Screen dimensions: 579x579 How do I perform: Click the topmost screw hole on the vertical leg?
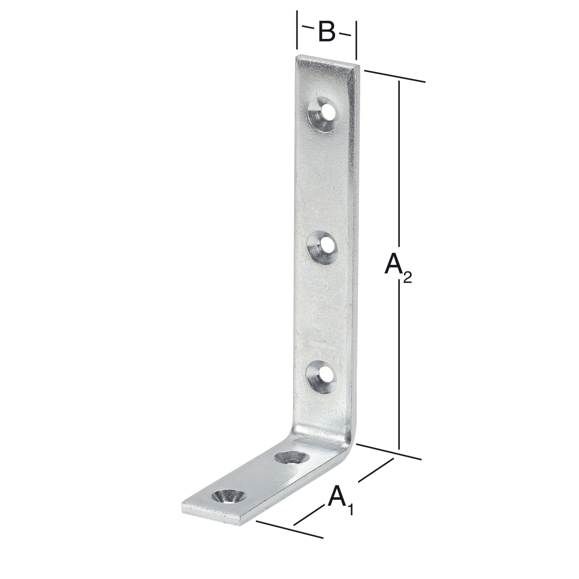323,113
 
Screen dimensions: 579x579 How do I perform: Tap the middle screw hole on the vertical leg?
322,247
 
